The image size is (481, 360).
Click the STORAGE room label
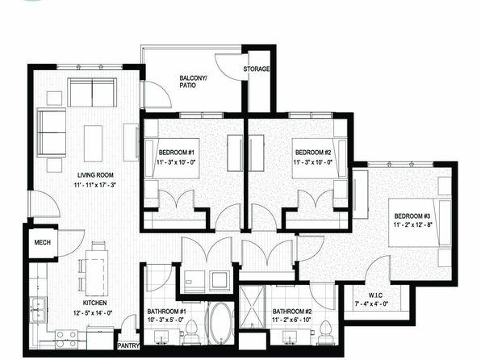[257, 69]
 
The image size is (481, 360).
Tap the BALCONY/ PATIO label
[193, 82]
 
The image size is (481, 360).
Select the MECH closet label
[42, 242]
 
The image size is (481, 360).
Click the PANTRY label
[128, 345]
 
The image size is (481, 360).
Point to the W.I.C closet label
[375, 295]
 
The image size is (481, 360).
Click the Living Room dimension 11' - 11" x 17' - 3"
[94, 185]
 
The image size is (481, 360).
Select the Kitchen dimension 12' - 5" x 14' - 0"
[93, 313]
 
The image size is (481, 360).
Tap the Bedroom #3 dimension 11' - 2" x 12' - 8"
[413, 224]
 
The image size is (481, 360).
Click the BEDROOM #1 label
[177, 153]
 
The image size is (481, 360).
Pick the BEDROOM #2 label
[313, 153]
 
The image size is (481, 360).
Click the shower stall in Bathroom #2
[252, 307]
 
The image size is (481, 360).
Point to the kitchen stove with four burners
[66, 339]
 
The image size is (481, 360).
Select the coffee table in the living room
[93, 144]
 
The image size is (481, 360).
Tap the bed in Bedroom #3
[420, 223]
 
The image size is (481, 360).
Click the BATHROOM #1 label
[166, 312]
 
